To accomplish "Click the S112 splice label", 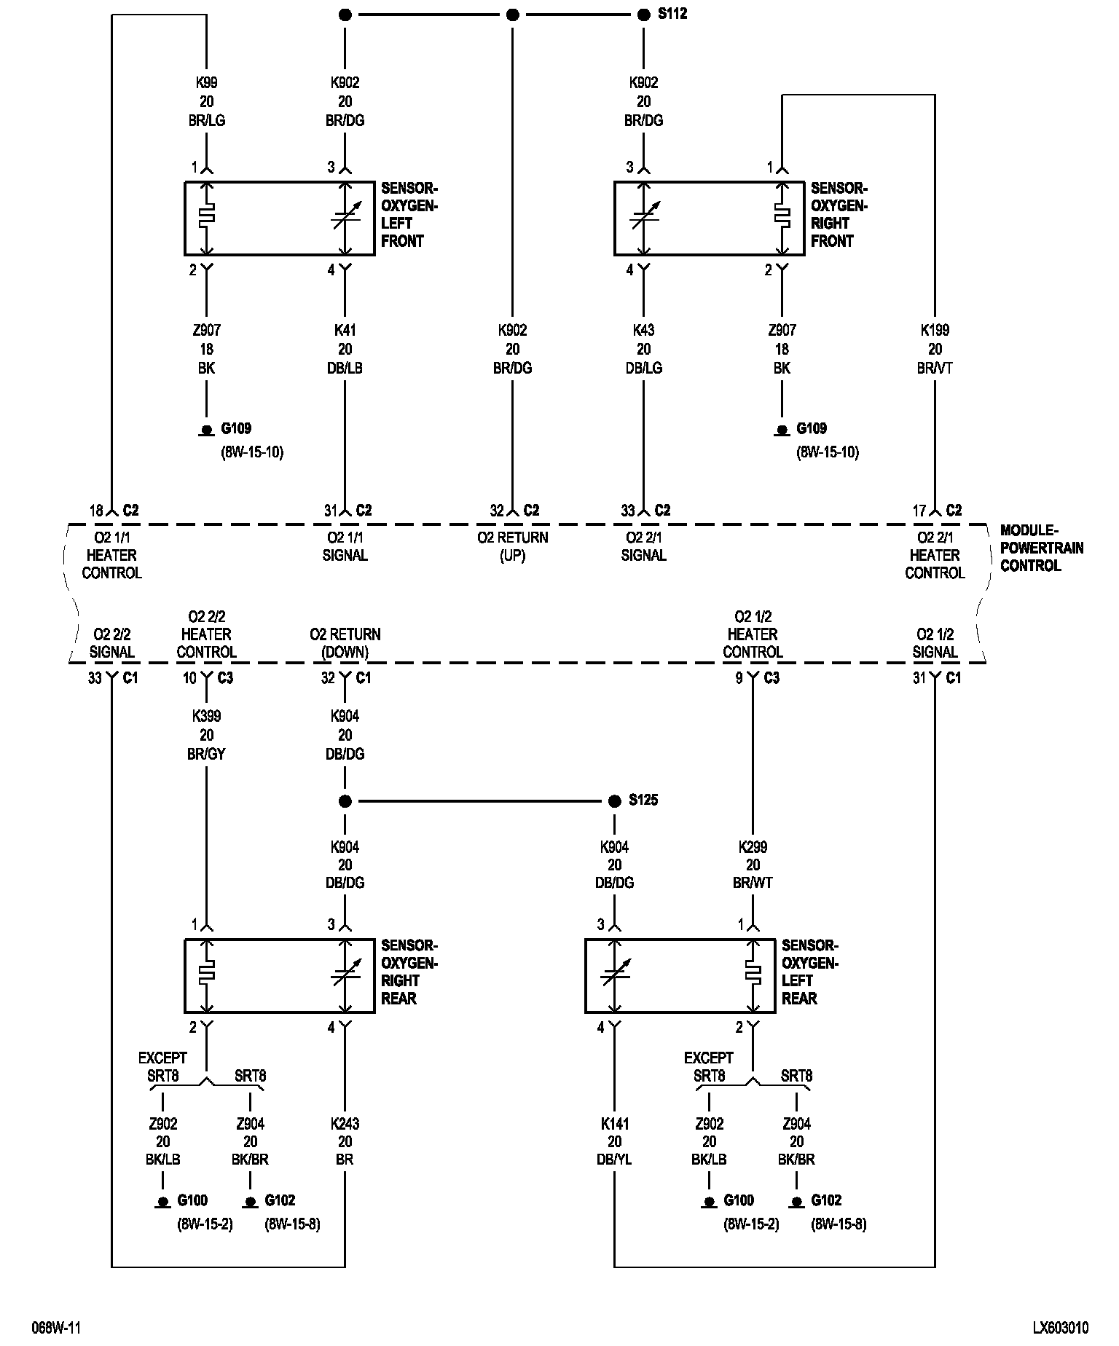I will (672, 15).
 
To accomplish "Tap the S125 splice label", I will (643, 800).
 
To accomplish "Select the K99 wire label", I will (206, 83).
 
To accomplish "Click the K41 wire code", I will (345, 331).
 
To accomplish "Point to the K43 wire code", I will (643, 331).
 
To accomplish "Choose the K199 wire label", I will (935, 331).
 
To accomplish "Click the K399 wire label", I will (206, 717).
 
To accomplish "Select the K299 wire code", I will (753, 847).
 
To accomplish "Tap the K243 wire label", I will (345, 1124).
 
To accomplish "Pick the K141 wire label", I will (614, 1124).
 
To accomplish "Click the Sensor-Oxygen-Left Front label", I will (409, 215).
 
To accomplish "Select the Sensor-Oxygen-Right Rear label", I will (409, 972).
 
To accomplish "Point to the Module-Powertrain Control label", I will (1041, 548).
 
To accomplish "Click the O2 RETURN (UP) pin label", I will (512, 546).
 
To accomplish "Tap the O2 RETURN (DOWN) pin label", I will (345, 643).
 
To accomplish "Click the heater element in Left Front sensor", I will (207, 216).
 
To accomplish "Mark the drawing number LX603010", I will (1060, 1328).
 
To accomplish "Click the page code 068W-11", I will (56, 1328).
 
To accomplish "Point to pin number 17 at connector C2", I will (919, 511).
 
